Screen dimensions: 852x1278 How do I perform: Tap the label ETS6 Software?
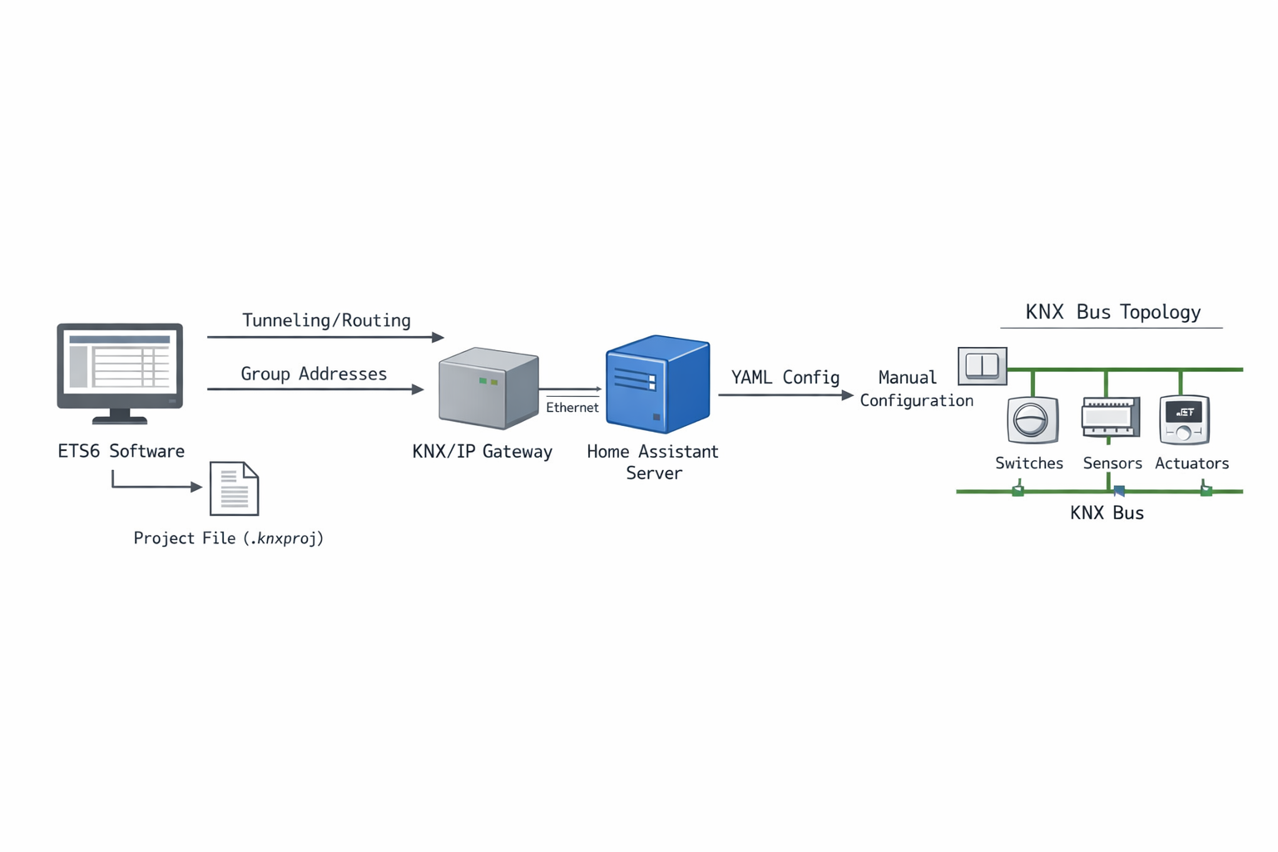tap(121, 451)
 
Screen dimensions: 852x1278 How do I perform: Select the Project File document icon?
tap(234, 488)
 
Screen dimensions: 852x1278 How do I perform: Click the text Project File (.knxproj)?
tap(228, 538)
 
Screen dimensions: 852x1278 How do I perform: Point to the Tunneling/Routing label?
tap(326, 320)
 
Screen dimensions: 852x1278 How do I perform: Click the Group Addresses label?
tap(314, 374)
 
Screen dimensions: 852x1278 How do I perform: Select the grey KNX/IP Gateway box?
tap(488, 388)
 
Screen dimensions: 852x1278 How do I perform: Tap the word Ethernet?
tap(572, 408)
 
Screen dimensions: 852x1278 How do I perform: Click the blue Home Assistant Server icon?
tap(657, 384)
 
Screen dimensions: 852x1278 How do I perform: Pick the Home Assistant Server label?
tap(652, 462)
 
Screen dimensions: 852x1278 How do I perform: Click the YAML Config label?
tap(785, 377)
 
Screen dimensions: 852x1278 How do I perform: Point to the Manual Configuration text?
tap(915, 389)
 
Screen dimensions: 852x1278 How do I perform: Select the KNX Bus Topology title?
tap(1112, 312)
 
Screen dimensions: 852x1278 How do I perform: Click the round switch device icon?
tap(1032, 419)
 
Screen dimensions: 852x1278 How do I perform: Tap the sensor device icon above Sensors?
tap(1110, 418)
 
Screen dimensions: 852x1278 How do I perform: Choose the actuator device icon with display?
tap(1184, 419)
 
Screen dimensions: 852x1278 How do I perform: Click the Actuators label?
tap(1191, 463)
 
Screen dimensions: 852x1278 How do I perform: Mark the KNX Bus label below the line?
tap(1107, 513)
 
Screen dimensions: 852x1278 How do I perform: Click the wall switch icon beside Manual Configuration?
tap(982, 366)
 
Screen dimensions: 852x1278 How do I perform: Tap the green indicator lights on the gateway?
tap(488, 381)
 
